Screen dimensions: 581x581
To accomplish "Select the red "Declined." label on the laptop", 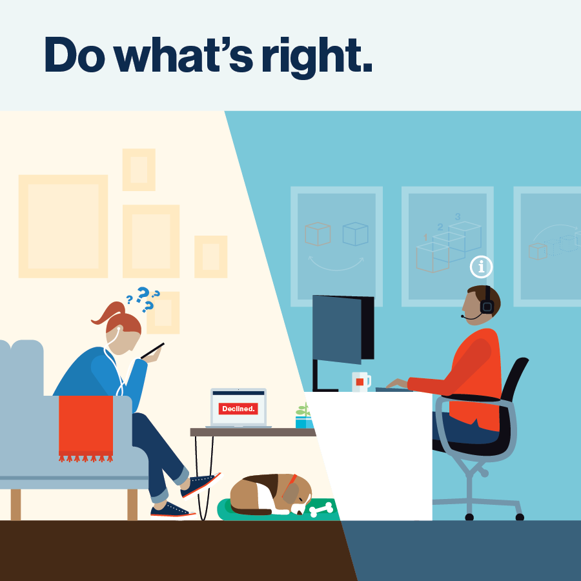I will [x=238, y=409].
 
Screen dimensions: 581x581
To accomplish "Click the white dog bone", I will [x=321, y=510].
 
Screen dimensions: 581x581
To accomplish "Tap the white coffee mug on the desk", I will [x=360, y=381].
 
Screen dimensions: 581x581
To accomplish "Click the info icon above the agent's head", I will [x=481, y=266].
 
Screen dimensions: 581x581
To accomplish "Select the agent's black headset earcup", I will [x=487, y=306].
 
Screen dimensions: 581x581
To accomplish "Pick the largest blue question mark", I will [x=142, y=294].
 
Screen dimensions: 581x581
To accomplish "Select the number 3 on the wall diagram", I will [x=458, y=217].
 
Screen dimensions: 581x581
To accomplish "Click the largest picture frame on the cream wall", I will [x=63, y=226].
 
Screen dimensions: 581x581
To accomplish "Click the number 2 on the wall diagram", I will [x=440, y=227].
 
